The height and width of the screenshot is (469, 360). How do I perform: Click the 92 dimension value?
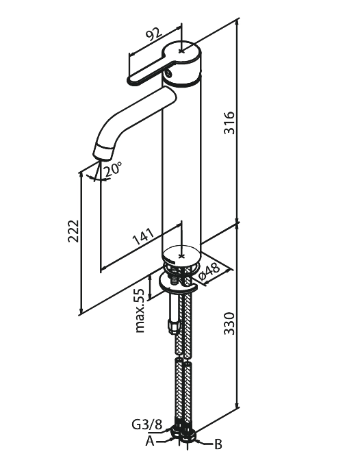pyautogui.click(x=154, y=34)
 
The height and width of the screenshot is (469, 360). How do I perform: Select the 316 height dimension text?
pyautogui.click(x=230, y=123)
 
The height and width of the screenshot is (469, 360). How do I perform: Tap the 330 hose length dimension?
pyautogui.click(x=230, y=323)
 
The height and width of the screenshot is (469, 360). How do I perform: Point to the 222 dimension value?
pyautogui.click(x=73, y=231)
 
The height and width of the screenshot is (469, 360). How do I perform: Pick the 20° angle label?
pyautogui.click(x=112, y=170)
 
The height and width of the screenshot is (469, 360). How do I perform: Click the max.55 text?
pyautogui.click(x=140, y=311)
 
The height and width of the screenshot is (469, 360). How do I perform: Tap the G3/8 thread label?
pyautogui.click(x=146, y=424)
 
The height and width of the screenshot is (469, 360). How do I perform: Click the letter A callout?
pyautogui.click(x=150, y=441)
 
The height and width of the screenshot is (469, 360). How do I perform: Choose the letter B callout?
pyautogui.click(x=218, y=444)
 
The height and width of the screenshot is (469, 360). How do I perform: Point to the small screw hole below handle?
pyautogui.click(x=168, y=73)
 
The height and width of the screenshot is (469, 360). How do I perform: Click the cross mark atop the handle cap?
pyautogui.click(x=181, y=51)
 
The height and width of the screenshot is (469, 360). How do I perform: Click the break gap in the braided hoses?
pyautogui.click(x=182, y=359)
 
